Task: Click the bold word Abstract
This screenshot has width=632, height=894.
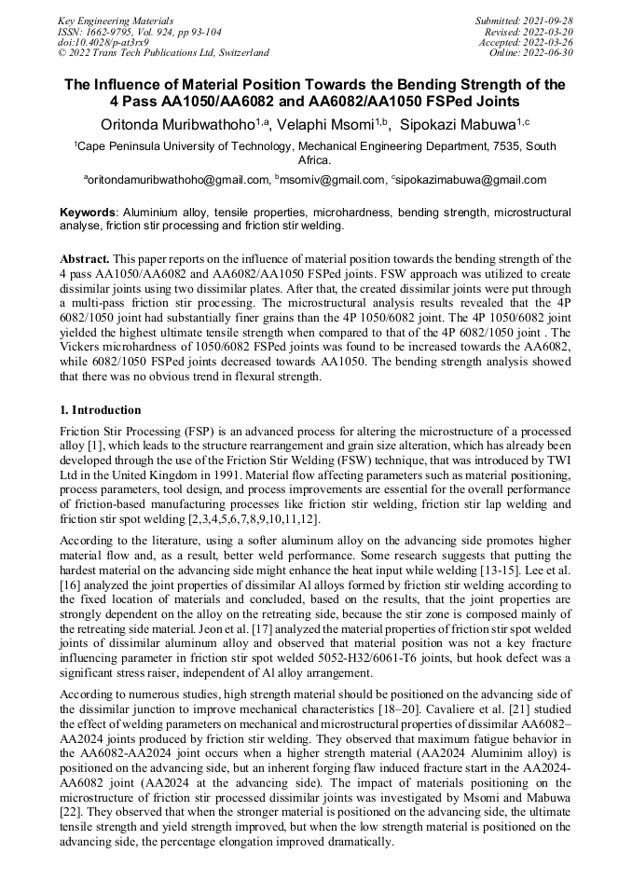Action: point(86,257)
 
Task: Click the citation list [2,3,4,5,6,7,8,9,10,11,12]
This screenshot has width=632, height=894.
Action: point(253,517)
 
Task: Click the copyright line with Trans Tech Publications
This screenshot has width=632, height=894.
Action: point(164,53)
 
